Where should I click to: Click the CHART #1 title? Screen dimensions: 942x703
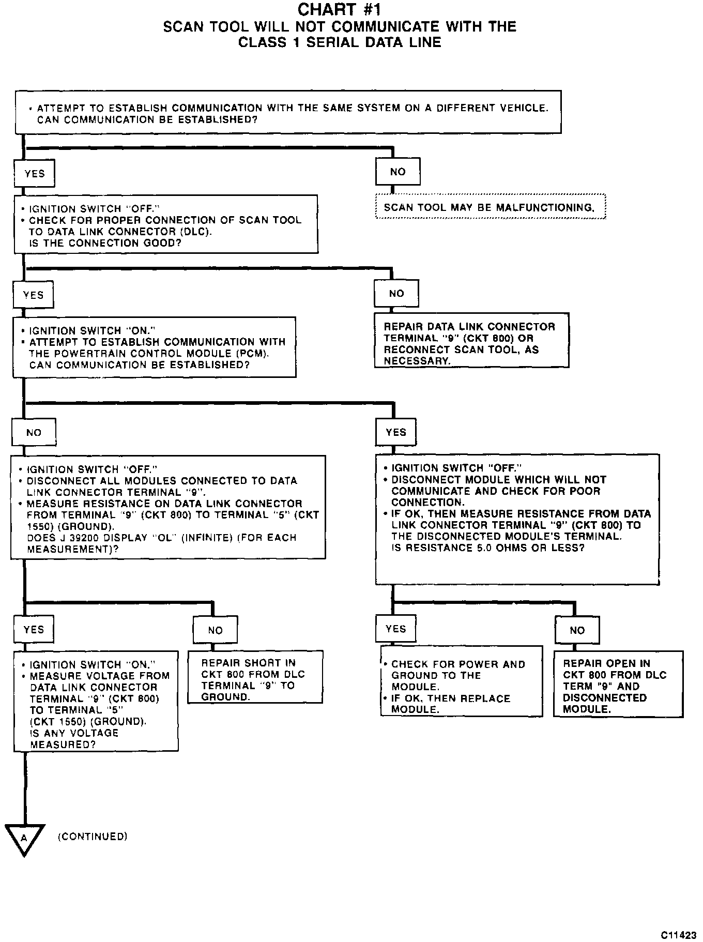340,9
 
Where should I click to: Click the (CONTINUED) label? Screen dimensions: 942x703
93,836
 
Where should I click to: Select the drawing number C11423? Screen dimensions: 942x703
679,935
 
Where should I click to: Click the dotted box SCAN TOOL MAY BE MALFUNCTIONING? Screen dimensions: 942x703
490,207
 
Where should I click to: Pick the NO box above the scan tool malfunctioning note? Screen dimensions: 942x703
398,172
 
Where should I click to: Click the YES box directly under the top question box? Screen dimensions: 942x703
35,174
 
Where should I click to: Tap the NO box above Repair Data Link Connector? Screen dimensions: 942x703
396,294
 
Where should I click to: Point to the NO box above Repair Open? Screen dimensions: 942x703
577,630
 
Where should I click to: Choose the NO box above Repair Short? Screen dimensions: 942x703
215,630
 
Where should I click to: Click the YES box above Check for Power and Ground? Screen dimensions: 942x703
395,629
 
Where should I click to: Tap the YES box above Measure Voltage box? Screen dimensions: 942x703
34,629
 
